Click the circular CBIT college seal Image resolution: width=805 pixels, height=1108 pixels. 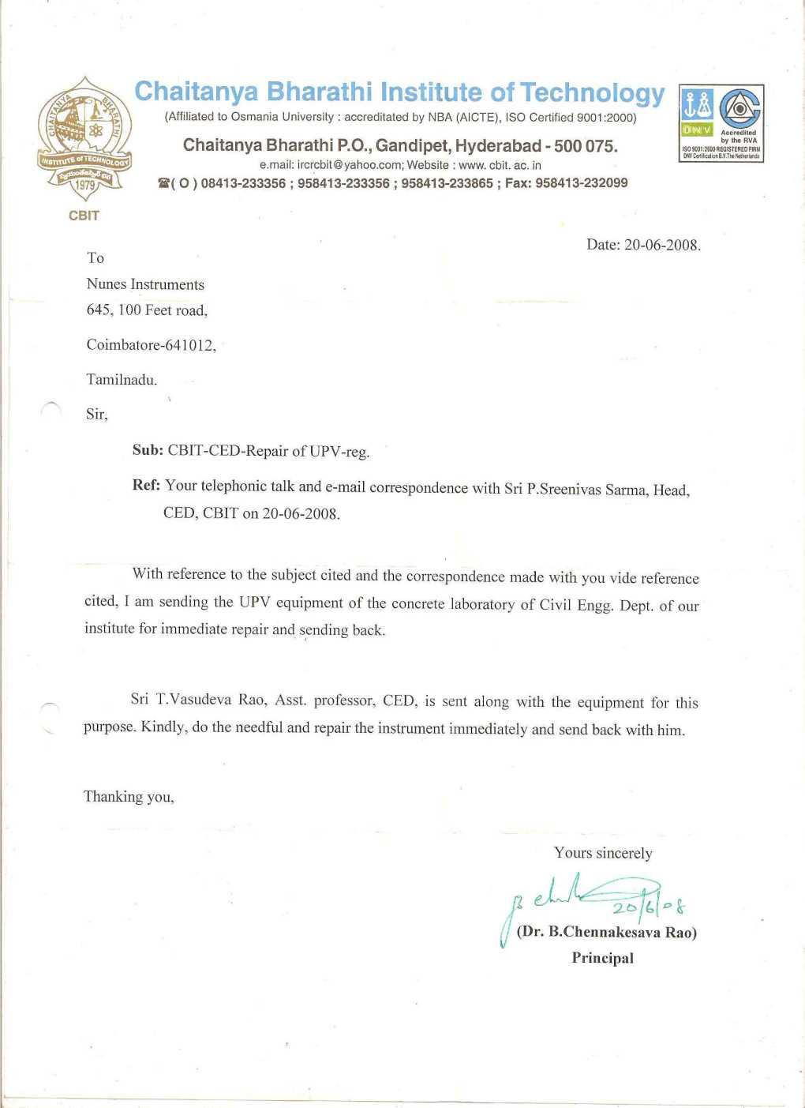(84, 138)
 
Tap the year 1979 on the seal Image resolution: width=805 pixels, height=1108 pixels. (84, 186)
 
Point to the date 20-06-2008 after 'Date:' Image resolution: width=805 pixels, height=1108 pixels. (661, 245)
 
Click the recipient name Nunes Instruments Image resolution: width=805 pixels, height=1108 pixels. (145, 284)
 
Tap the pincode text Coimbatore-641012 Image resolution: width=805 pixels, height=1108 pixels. (150, 345)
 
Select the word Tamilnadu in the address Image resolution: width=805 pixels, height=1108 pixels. (121, 380)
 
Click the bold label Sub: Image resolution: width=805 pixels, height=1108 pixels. (148, 450)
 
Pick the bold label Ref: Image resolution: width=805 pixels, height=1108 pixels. (146, 485)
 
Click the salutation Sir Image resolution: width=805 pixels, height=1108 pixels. (95, 415)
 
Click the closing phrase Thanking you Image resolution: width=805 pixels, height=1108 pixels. (128, 797)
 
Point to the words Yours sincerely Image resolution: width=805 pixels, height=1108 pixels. (603, 853)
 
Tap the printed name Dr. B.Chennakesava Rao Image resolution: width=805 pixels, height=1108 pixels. (606, 932)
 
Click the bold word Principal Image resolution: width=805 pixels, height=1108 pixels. (602, 958)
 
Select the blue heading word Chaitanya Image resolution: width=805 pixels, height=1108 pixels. (197, 92)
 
